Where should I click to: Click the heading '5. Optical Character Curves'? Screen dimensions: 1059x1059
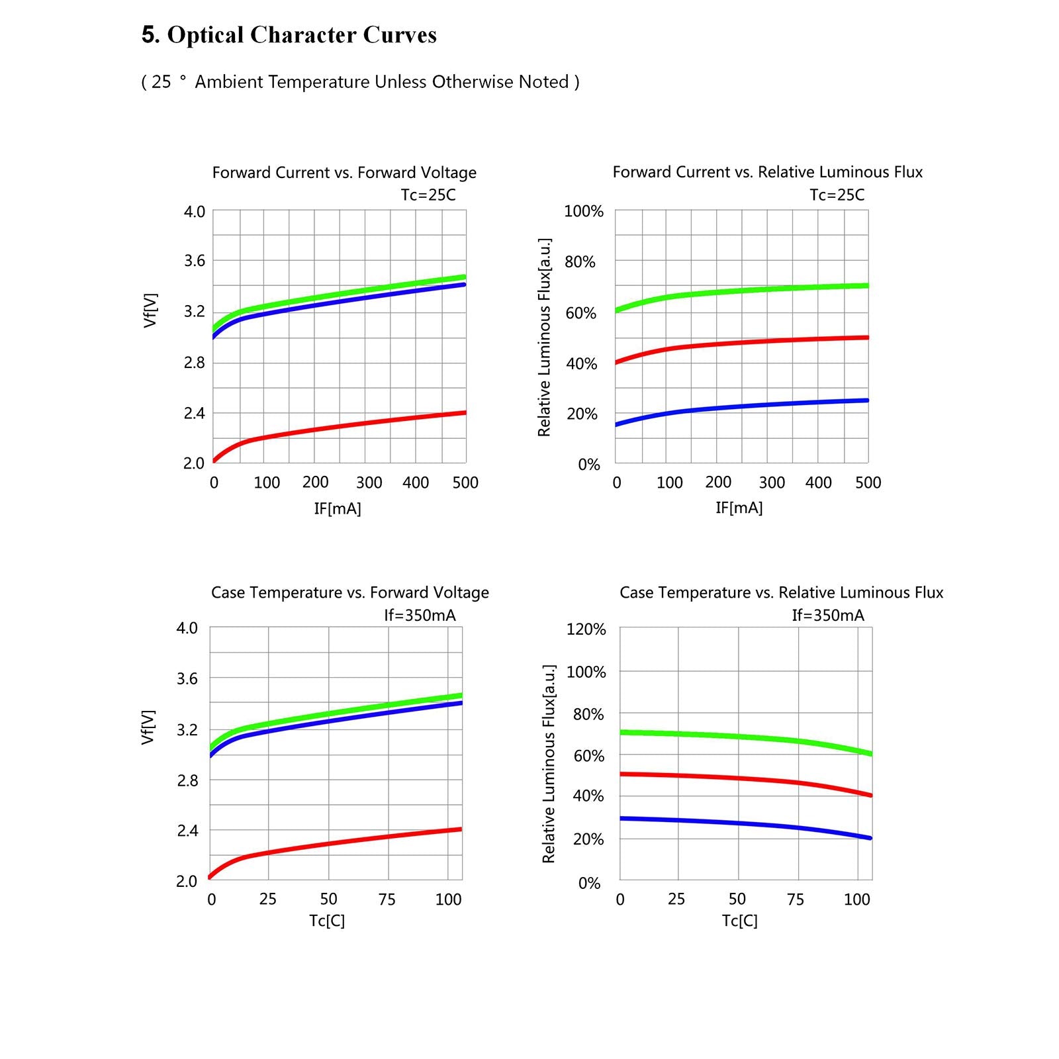point(289,35)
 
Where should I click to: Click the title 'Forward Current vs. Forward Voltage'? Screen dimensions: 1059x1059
point(344,173)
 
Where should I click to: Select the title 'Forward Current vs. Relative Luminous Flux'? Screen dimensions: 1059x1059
point(767,172)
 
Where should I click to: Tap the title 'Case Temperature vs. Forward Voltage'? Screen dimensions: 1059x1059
point(350,592)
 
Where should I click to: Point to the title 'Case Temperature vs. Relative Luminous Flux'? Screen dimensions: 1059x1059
point(781,592)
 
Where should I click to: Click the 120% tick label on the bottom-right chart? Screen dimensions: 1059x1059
point(586,629)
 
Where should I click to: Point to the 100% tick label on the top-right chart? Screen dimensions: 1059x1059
point(584,211)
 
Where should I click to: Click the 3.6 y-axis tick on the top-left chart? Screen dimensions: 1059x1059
point(195,261)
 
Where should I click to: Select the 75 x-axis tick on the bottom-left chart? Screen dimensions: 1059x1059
point(387,899)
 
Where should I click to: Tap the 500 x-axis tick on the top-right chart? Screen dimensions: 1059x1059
point(868,483)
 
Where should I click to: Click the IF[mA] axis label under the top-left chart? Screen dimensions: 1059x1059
point(338,508)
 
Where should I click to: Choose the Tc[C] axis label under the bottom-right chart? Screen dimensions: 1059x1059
point(739,921)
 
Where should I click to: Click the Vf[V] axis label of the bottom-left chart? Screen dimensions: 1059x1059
point(148,727)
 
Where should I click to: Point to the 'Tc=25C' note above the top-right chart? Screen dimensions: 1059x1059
point(837,195)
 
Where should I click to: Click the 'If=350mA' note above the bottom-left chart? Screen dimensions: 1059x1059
point(420,615)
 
